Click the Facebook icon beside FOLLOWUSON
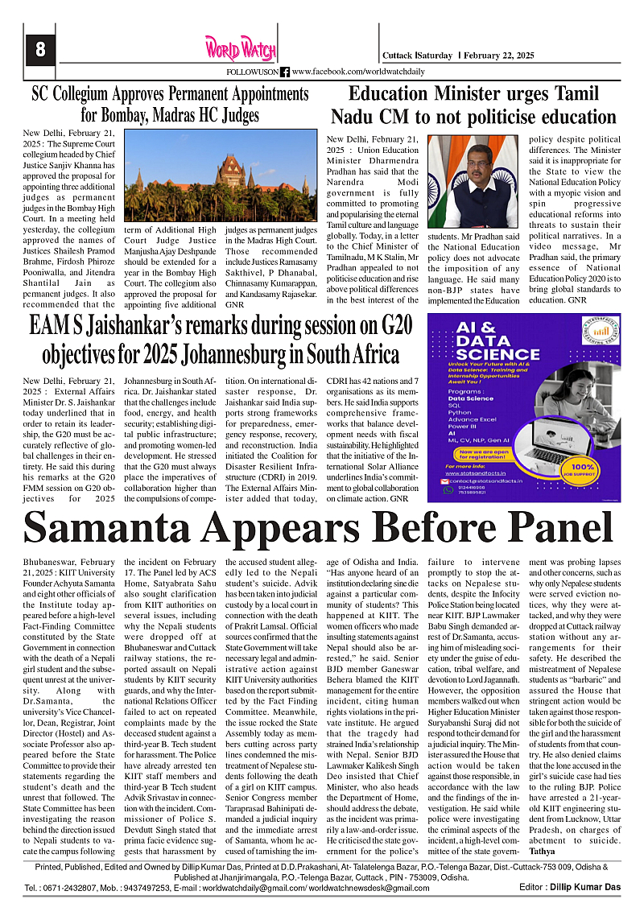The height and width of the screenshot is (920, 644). click(x=285, y=72)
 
